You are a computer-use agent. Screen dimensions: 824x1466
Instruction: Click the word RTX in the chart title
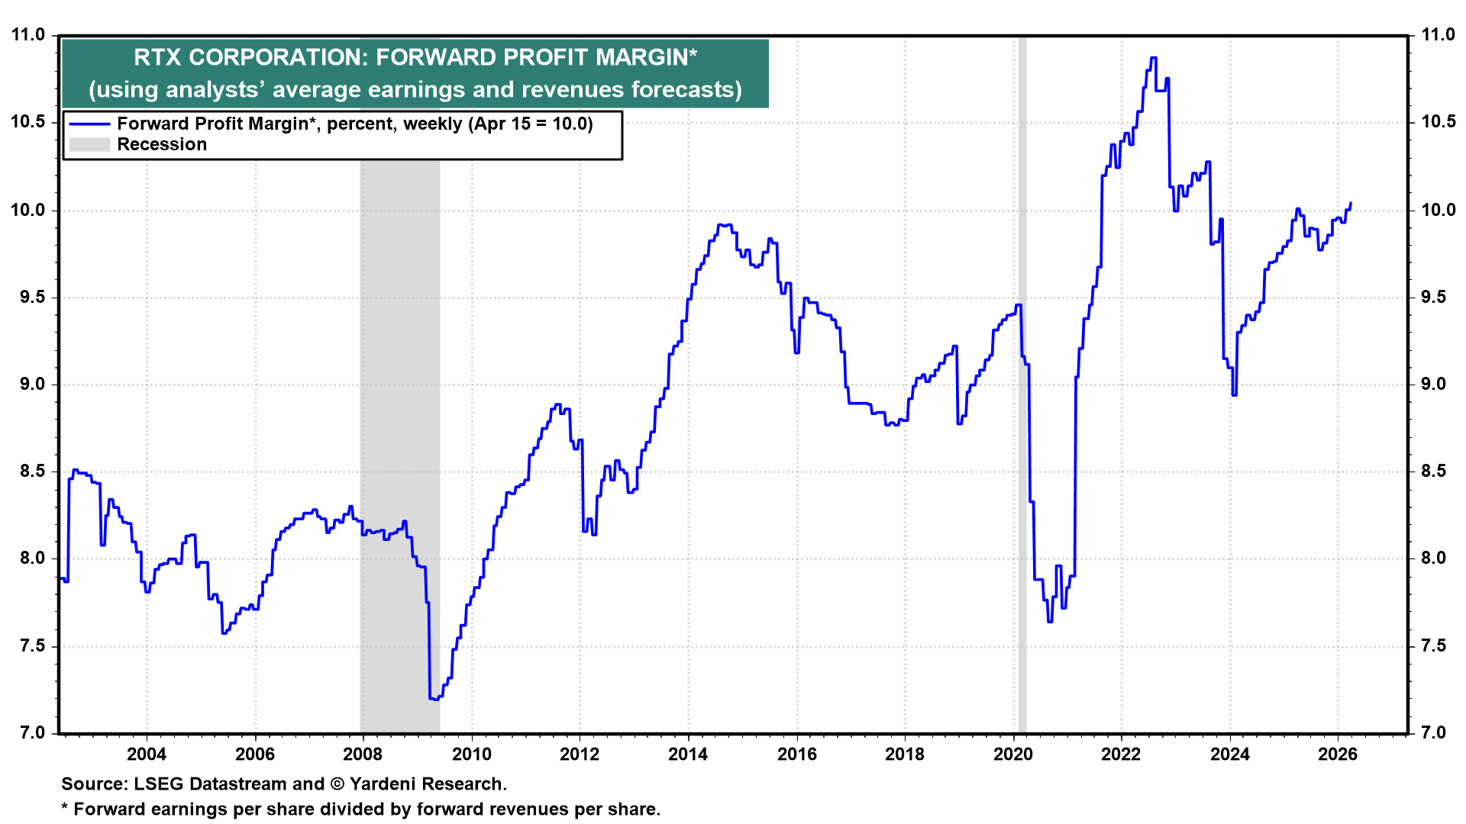pyautogui.click(x=157, y=57)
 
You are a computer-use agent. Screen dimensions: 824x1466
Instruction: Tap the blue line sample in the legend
pyautogui.click(x=89, y=124)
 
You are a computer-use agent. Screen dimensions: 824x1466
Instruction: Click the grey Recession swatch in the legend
pyautogui.click(x=89, y=144)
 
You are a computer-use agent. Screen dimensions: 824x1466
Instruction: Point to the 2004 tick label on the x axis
pyautogui.click(x=146, y=755)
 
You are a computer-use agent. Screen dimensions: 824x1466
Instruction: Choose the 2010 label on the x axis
pyautogui.click(x=471, y=755)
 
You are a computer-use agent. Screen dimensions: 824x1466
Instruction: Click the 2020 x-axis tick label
pyautogui.click(x=1012, y=755)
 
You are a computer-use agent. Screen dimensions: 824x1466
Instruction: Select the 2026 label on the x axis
pyautogui.click(x=1338, y=755)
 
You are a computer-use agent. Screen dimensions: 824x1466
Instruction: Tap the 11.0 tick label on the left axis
pyautogui.click(x=28, y=35)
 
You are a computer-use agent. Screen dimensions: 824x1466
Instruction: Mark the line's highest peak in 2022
pyautogui.click(x=1153, y=58)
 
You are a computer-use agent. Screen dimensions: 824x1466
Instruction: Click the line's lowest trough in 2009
pyautogui.click(x=434, y=698)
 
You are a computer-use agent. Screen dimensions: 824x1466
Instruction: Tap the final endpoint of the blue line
pyautogui.click(x=1351, y=203)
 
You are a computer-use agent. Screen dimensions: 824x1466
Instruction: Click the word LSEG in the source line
pyautogui.click(x=159, y=784)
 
